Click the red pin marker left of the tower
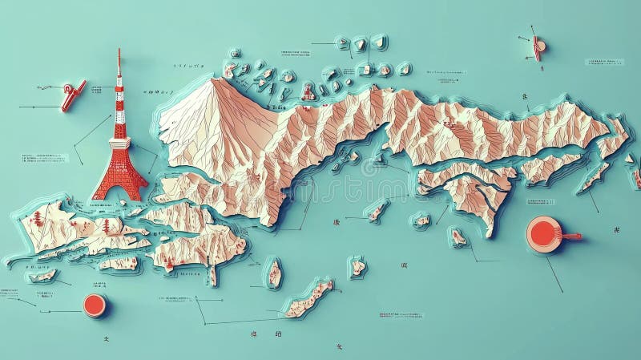[72, 95]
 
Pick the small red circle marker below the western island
[95, 304]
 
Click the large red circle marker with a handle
[542, 234]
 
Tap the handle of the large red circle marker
[570, 236]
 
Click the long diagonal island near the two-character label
[308, 298]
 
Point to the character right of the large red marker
[615, 230]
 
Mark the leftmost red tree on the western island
[37, 218]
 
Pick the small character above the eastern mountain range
[525, 97]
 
